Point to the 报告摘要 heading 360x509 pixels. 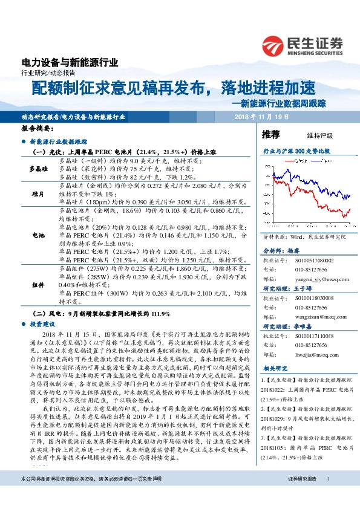38,129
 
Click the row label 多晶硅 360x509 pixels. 39,169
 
